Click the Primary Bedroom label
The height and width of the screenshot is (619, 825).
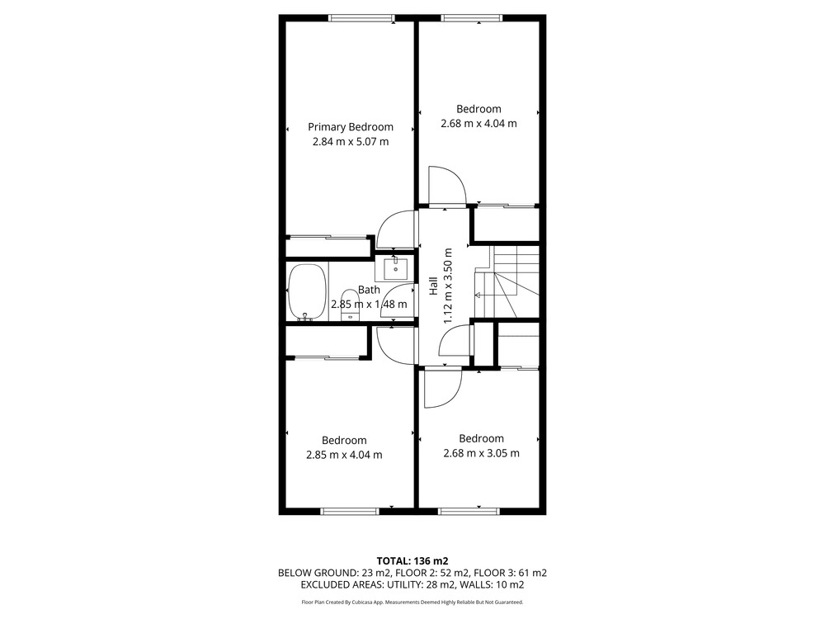(351, 127)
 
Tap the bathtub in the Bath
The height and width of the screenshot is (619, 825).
(307, 291)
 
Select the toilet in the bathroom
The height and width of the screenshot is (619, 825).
(350, 305)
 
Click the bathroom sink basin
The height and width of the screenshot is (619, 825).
(394, 269)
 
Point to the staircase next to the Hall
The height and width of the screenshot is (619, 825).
(507, 281)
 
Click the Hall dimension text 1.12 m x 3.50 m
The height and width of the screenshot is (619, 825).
(448, 286)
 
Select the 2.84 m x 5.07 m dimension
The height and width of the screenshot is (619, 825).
(351, 142)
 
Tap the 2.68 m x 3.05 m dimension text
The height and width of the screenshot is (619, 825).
(482, 453)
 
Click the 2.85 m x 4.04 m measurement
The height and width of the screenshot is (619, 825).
(344, 455)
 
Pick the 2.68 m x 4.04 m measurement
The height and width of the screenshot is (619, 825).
(478, 124)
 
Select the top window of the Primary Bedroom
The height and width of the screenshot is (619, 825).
(361, 18)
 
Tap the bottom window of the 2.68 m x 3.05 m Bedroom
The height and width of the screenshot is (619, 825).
(469, 511)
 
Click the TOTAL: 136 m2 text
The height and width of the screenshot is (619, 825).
(412, 561)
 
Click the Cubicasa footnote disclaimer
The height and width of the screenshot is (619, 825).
(412, 602)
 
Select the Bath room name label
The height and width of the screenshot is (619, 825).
(369, 290)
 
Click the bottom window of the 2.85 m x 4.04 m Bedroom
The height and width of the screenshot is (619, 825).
(350, 511)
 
